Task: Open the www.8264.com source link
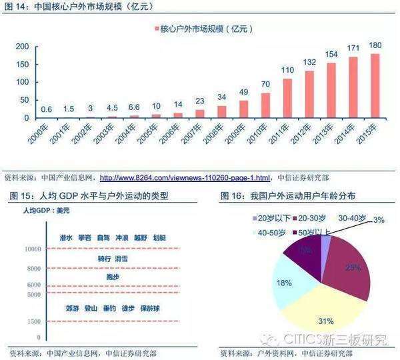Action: click(x=185, y=178)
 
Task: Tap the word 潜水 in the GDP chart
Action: click(x=65, y=237)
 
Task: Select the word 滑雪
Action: click(x=121, y=259)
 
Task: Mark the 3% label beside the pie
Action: click(x=378, y=219)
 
